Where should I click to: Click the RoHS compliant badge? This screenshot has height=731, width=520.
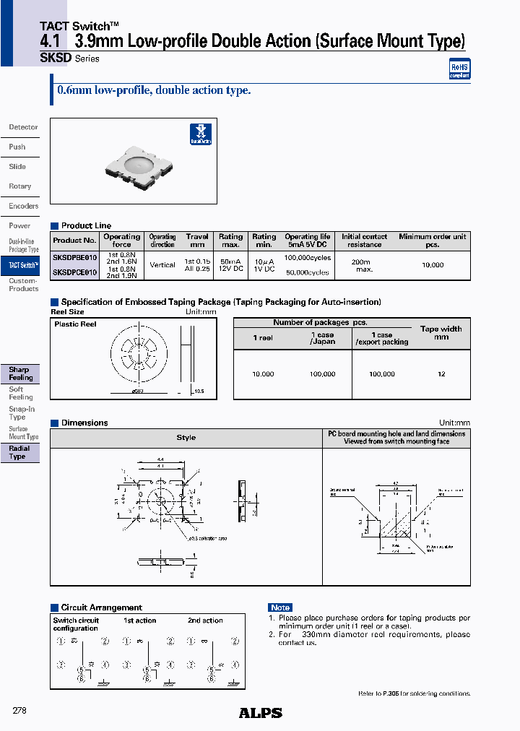pyautogui.click(x=459, y=68)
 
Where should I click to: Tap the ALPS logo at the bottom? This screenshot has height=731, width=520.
pyautogui.click(x=260, y=712)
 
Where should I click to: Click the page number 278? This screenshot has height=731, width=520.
pyautogui.click(x=20, y=711)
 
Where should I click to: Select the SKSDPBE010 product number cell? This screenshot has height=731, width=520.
pyautogui.click(x=74, y=257)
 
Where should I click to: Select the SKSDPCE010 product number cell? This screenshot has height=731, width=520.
pyautogui.click(x=74, y=272)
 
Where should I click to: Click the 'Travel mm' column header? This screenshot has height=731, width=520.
pyautogui.click(x=196, y=241)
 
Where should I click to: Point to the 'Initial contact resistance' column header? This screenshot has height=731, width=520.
pyautogui.click(x=364, y=241)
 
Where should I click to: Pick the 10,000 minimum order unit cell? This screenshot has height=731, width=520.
pyautogui.click(x=432, y=265)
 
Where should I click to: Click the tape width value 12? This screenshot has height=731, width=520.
pyautogui.click(x=441, y=374)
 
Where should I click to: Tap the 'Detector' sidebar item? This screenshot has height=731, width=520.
pyautogui.click(x=23, y=127)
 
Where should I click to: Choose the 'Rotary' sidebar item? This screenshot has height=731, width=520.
pyautogui.click(x=20, y=186)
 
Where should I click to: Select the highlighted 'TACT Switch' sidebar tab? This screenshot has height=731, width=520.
pyautogui.click(x=23, y=266)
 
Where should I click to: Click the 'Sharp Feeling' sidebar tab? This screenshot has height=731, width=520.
pyautogui.click(x=20, y=373)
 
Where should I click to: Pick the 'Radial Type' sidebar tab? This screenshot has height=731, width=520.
pyautogui.click(x=19, y=453)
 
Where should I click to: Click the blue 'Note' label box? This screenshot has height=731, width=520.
pyautogui.click(x=280, y=607)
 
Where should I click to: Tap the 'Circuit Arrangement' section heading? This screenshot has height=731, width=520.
pyautogui.click(x=101, y=607)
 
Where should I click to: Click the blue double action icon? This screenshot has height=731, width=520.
pyautogui.click(x=200, y=134)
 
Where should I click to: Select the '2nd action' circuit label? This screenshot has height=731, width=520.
pyautogui.click(x=205, y=620)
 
